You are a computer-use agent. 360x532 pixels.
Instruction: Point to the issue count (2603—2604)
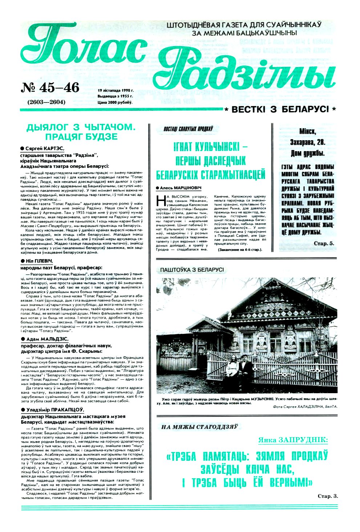coord(46,102)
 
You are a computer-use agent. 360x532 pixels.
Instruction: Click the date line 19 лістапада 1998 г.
coord(116,90)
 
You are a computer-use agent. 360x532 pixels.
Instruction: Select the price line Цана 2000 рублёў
coord(115,102)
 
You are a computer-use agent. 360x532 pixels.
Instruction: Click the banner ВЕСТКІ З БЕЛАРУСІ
coord(280,109)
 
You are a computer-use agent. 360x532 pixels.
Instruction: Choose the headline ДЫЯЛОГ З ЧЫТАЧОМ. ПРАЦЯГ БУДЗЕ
coord(81,132)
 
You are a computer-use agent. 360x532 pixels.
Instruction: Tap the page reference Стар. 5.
coord(323,243)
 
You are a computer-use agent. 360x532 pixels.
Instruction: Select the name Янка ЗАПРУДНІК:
coord(293,440)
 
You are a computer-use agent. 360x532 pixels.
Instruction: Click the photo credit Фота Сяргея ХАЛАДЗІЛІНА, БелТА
coord(305,406)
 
